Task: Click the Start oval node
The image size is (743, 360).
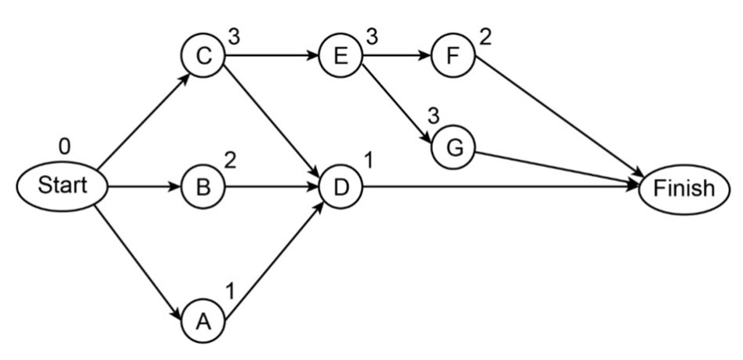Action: (61, 187)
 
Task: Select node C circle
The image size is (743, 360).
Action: (202, 56)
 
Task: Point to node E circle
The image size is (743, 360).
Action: (341, 56)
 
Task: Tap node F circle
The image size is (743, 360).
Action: (453, 56)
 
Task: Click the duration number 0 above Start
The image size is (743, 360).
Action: (64, 147)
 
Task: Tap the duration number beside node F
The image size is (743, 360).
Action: (485, 37)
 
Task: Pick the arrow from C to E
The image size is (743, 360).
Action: (271, 56)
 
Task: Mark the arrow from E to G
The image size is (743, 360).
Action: (396, 103)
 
